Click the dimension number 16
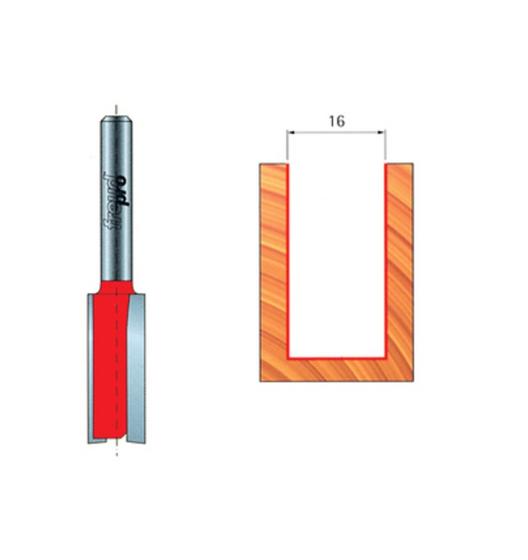[336, 121]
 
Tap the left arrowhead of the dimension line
[290, 133]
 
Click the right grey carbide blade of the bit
[136, 370]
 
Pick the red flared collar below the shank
[116, 286]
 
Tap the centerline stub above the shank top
[116, 109]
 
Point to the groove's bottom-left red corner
[288, 357]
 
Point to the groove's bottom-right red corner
[386, 357]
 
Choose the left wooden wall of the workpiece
[274, 263]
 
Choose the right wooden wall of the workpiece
[400, 263]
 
